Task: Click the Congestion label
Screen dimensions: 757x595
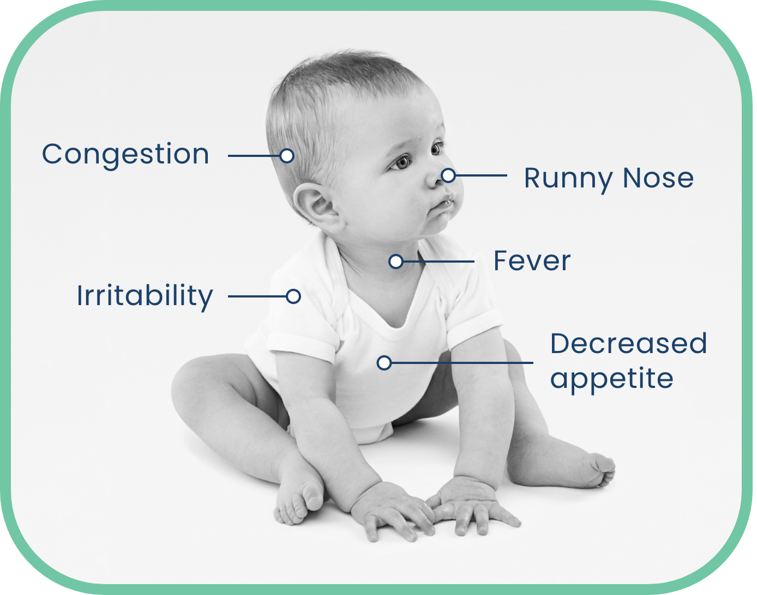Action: coord(125,155)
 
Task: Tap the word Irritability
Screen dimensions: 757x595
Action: coord(145,297)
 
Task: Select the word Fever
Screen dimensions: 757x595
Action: coord(532,261)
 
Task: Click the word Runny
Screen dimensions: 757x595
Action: coord(568,180)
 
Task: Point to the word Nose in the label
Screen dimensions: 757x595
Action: coord(658,178)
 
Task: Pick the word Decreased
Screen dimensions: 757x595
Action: coord(629,343)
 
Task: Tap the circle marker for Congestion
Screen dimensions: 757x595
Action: coord(287,156)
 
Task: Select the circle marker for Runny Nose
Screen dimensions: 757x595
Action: coord(448,175)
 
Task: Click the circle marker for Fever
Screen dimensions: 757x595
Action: coord(396,262)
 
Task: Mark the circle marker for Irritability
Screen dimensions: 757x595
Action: coord(293,296)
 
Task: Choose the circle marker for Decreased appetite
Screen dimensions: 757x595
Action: coord(384,363)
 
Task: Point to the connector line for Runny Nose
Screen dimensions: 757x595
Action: coord(481,175)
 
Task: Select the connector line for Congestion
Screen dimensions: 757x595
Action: coord(254,156)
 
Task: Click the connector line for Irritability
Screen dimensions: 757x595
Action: coord(257,296)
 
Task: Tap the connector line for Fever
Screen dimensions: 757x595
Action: coord(438,262)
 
